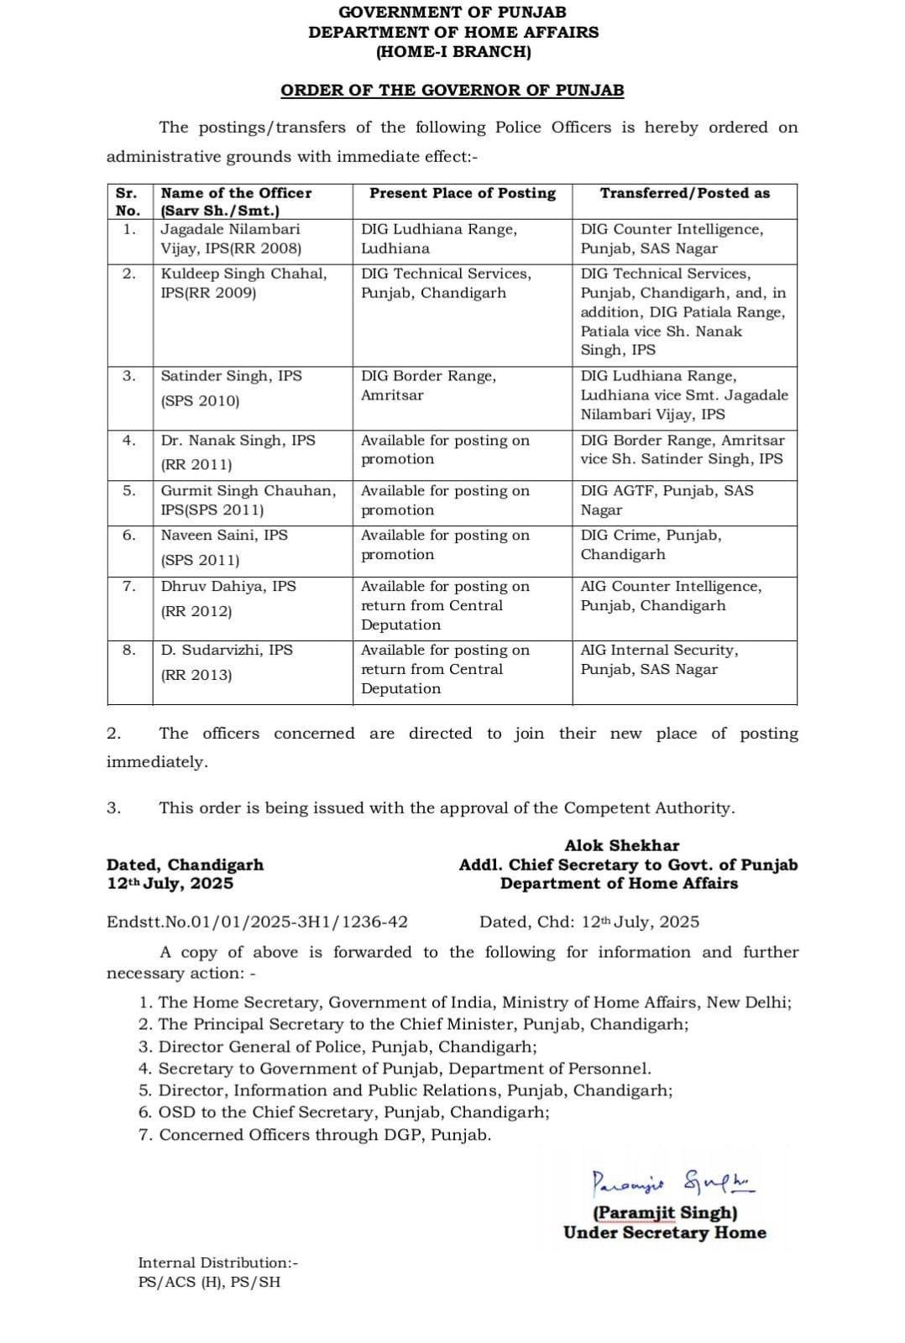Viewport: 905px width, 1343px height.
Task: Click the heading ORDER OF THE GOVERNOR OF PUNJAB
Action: [452, 90]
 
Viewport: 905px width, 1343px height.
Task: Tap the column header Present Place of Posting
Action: [463, 193]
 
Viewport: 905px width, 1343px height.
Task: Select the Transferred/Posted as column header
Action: [684, 193]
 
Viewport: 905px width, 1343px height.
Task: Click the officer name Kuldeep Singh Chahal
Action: [243, 274]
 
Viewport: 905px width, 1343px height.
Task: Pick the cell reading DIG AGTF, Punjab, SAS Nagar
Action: [667, 500]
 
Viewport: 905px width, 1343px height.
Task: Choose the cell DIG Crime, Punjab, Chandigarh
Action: [651, 545]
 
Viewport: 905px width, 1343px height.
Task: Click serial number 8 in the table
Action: [128, 650]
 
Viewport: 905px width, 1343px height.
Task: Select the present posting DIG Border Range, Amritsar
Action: [428, 385]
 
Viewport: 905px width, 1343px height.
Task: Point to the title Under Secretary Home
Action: [664, 1232]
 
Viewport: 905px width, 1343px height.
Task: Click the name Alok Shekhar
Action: [621, 845]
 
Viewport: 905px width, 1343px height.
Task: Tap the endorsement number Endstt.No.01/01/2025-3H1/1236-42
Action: [257, 922]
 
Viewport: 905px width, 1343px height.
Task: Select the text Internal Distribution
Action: [217, 1262]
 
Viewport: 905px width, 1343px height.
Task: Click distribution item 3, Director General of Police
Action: [337, 1047]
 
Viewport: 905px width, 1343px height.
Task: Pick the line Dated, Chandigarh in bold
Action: [185, 865]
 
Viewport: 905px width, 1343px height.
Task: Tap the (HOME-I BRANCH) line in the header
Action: [453, 52]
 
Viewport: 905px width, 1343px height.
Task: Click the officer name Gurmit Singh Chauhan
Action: [248, 491]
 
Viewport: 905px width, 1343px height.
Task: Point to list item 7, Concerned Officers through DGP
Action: [316, 1135]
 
